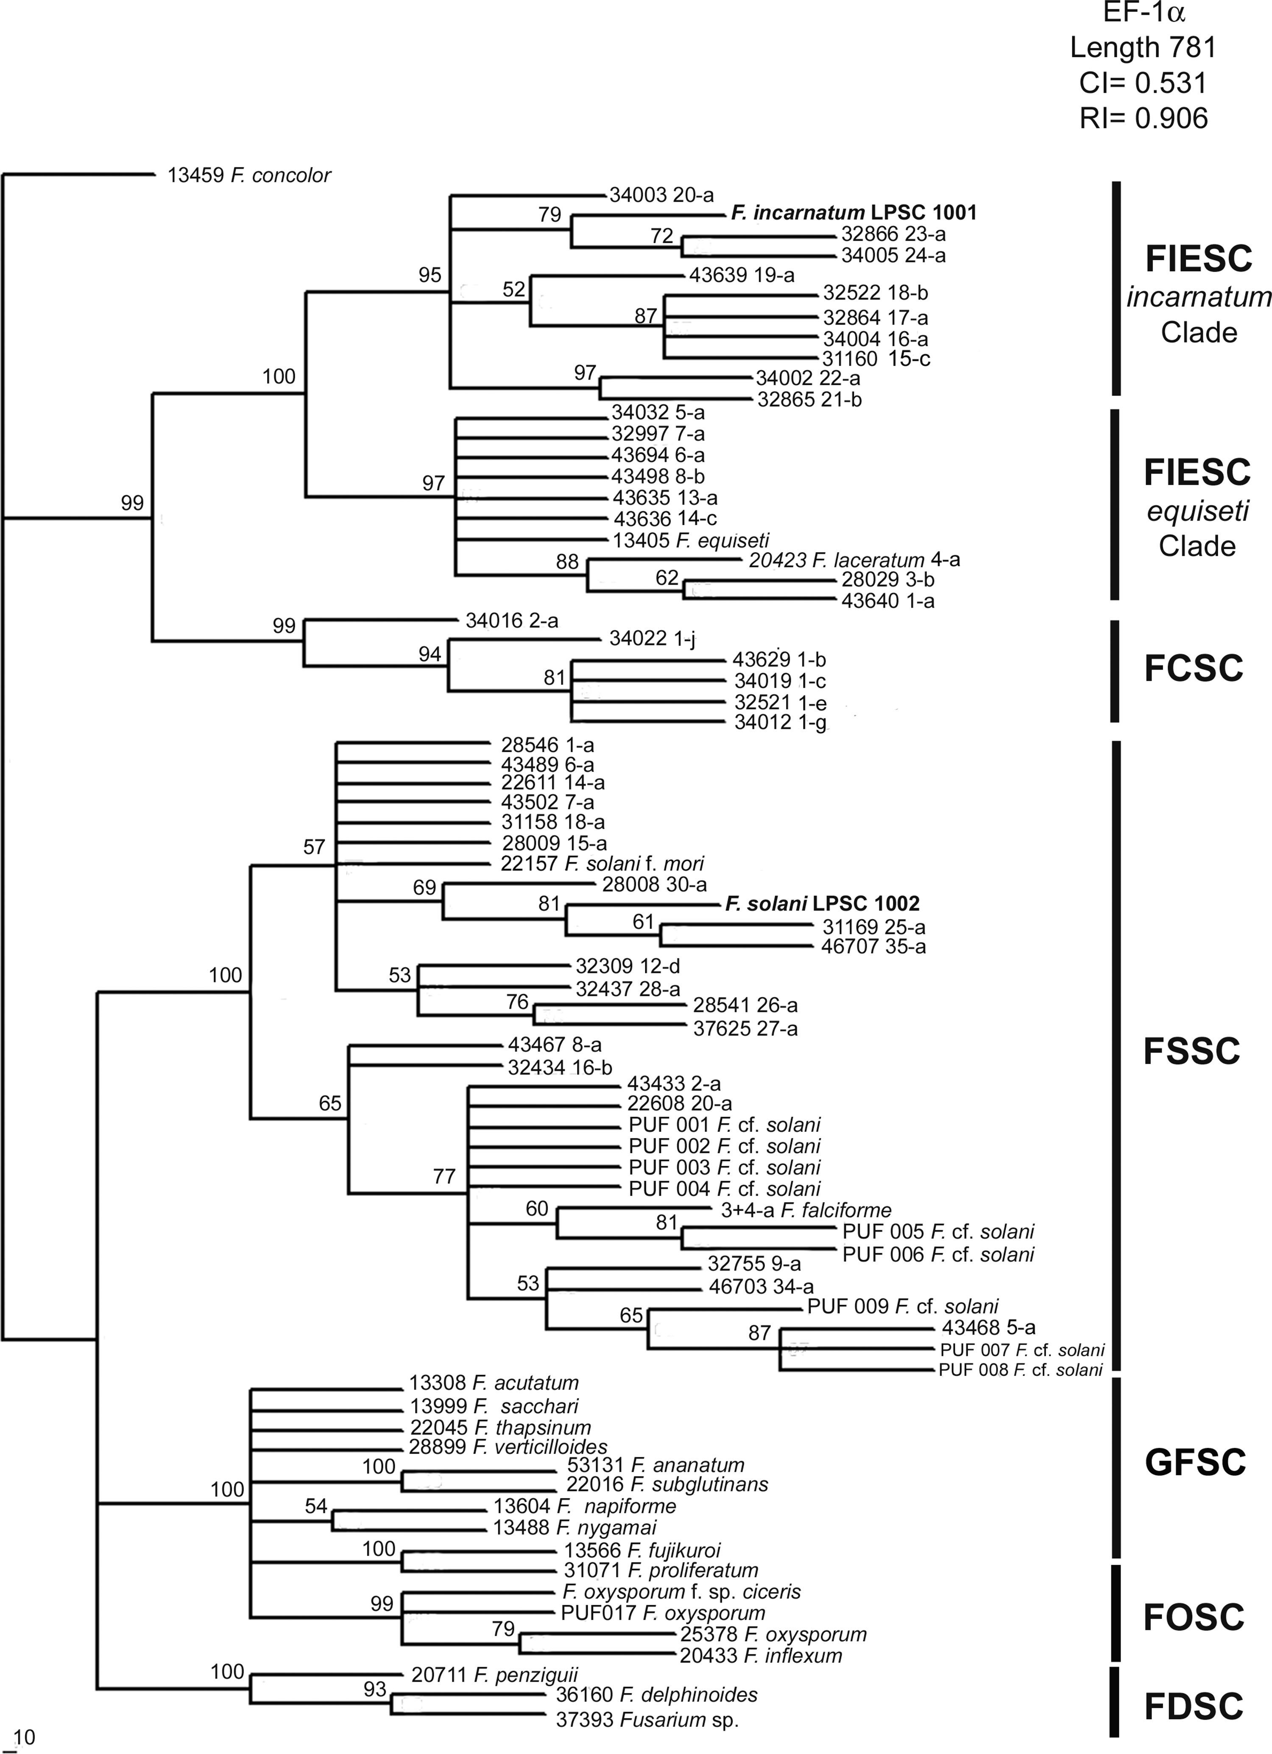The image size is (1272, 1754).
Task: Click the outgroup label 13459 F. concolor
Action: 249,175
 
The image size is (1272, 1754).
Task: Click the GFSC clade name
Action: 1195,1462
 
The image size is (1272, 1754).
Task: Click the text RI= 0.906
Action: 1144,117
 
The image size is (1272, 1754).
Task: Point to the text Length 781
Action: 1144,48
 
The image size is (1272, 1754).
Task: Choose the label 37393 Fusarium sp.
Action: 647,1719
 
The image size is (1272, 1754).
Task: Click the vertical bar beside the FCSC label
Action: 1115,670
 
